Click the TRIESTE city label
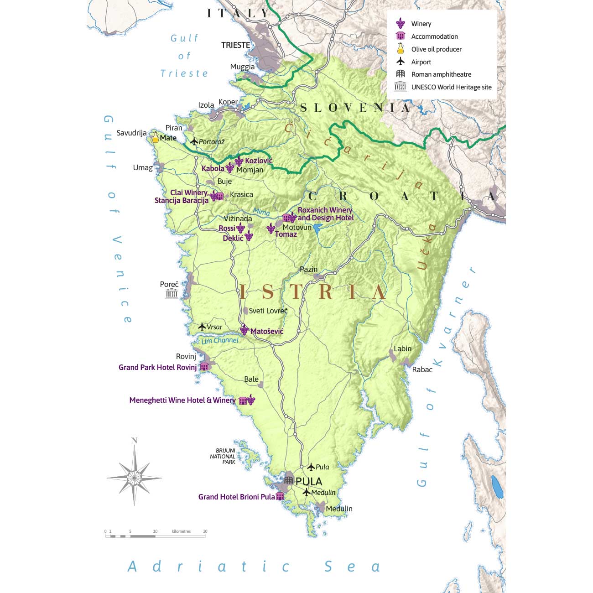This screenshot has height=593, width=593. coord(235,45)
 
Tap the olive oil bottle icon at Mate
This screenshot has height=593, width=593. coord(156,137)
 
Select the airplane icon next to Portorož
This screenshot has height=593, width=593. coord(194,141)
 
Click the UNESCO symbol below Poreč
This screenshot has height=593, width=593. coord(172,294)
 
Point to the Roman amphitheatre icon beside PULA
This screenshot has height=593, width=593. coord(288,480)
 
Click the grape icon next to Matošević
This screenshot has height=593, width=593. coord(244,330)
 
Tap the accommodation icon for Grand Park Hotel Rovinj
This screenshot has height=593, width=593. coord(204,367)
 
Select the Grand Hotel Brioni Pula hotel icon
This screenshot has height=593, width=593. coord(280,496)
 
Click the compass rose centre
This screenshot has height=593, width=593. coord(134,478)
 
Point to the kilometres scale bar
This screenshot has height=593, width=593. coord(155,536)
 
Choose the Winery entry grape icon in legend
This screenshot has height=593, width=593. coord(401,23)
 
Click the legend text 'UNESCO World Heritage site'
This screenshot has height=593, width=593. coord(451,87)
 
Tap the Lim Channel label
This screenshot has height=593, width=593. coord(220,340)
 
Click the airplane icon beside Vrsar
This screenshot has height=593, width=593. coord(202,327)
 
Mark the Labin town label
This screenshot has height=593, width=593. coord(402,349)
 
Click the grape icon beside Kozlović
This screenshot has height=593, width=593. coord(239,161)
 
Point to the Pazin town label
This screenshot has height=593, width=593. coord(308,269)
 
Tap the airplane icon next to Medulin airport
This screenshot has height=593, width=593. coord(307,492)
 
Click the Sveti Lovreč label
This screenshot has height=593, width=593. coord(268,311)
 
